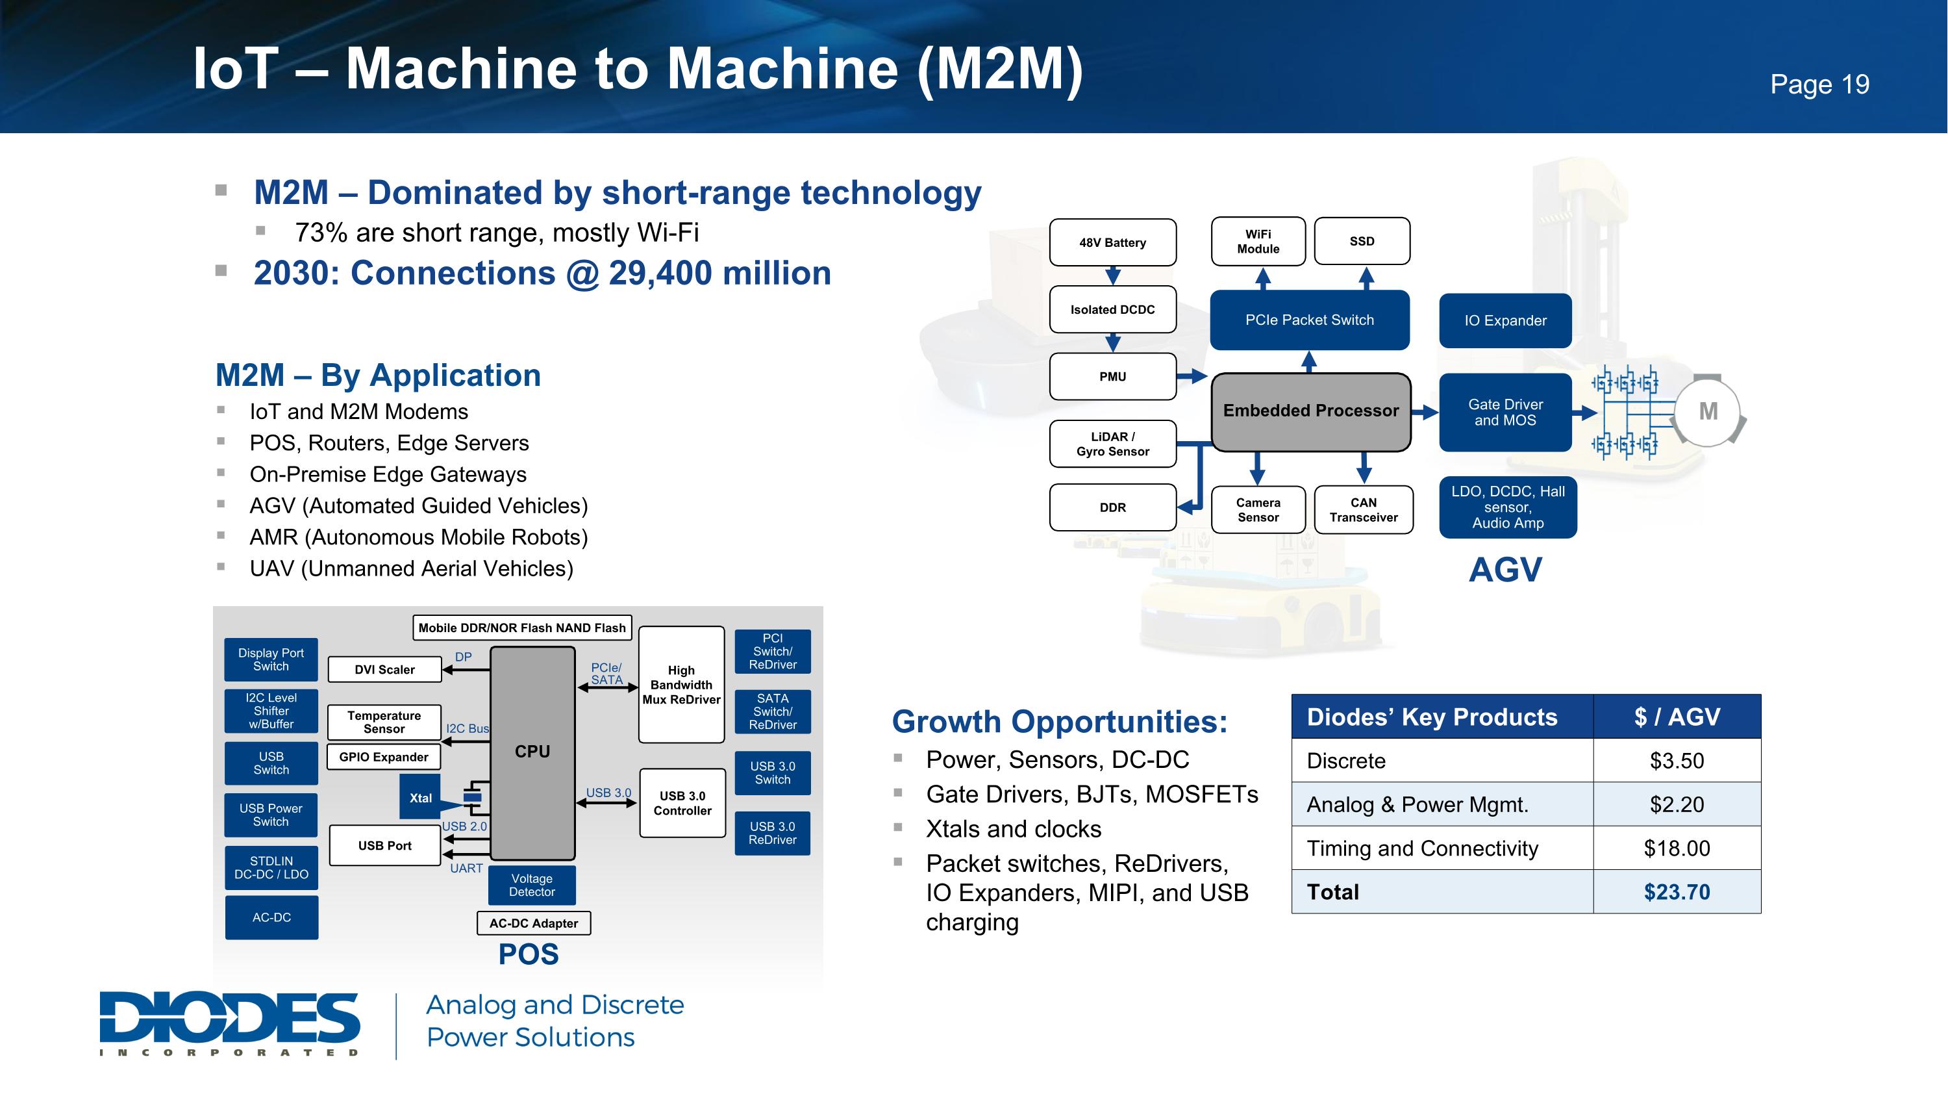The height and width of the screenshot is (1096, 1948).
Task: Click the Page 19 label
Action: coord(1819,84)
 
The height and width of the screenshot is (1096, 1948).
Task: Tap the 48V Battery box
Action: coord(1112,243)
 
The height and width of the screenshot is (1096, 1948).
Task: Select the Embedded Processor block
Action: coord(1310,411)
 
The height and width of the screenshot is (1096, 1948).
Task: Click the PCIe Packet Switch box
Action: coord(1309,320)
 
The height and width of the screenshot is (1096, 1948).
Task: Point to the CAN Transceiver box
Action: coord(1363,510)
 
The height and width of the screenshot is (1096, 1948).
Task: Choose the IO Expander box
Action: coord(1505,321)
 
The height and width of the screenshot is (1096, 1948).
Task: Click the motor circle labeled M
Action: coord(1708,411)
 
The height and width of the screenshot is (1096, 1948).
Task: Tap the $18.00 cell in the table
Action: coord(1676,848)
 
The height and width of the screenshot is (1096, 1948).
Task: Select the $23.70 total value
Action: coord(1676,892)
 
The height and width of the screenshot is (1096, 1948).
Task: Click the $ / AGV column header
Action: coord(1676,717)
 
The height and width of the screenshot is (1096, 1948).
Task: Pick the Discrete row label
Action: coord(1346,761)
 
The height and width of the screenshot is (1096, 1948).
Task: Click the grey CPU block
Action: coord(532,751)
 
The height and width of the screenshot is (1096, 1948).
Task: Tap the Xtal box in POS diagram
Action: coord(421,798)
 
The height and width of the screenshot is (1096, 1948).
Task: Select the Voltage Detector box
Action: coord(532,885)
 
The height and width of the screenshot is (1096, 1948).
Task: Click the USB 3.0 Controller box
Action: coord(682,803)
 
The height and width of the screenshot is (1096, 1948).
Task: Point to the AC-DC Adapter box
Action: coord(533,923)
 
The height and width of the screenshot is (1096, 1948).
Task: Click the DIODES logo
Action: coord(229,1023)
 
